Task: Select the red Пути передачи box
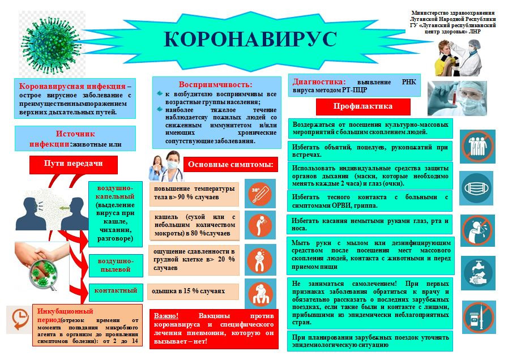click(x=73, y=164)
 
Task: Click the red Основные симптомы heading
click(x=230, y=165)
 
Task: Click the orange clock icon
click(x=19, y=318)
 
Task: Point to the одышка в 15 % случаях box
click(x=193, y=292)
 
